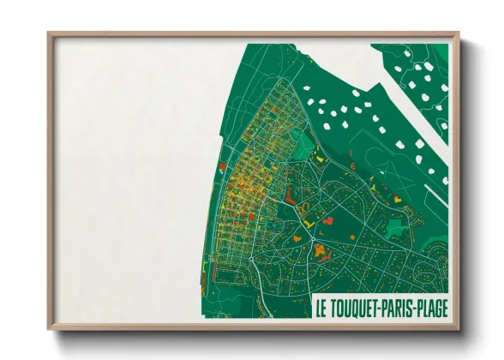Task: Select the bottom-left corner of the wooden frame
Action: click(x=49, y=328)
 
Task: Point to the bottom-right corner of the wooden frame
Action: click(x=458, y=328)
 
